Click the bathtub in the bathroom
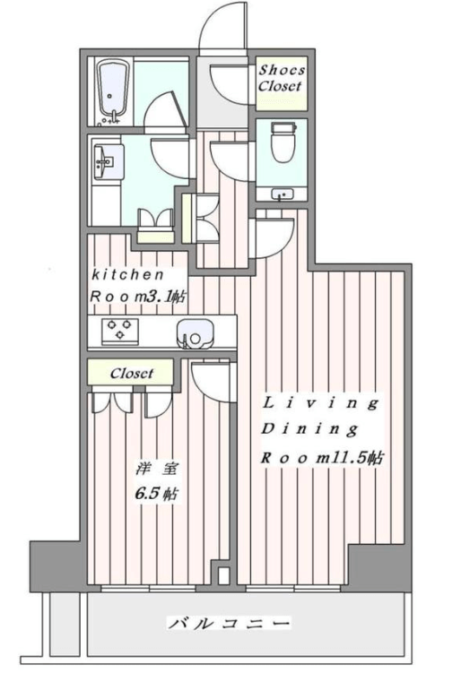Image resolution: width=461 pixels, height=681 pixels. click(x=113, y=91)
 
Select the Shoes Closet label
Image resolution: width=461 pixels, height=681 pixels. click(x=282, y=78)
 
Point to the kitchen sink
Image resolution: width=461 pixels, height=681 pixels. click(x=195, y=333)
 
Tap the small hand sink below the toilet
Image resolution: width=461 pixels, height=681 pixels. click(x=282, y=194)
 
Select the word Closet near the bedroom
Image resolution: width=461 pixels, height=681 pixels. click(x=131, y=374)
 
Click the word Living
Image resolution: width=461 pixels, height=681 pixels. click(x=320, y=403)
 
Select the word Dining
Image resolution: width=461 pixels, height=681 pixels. click(x=309, y=429)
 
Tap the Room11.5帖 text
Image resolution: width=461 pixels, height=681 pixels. click(x=322, y=457)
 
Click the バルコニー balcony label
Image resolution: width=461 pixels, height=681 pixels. click(x=229, y=624)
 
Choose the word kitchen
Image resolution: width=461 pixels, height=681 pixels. click(x=127, y=274)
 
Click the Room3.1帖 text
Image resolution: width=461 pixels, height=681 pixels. click(x=138, y=297)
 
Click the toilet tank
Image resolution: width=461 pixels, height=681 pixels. click(x=283, y=127)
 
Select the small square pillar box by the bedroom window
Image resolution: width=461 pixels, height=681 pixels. click(x=223, y=576)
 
